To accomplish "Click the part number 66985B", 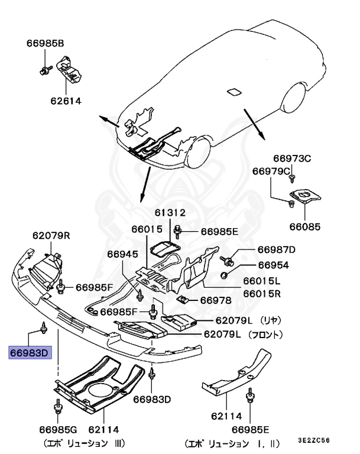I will tap(45, 43).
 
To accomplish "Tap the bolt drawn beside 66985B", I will tap(45, 71).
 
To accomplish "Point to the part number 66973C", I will tap(291, 158).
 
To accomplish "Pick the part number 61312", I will tap(170, 212).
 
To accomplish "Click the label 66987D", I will tap(276, 249).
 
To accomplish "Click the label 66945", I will tap(122, 254).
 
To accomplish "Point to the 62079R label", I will tap(51, 235).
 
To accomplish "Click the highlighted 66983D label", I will tap(31, 354).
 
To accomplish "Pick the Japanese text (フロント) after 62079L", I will tap(264, 335).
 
